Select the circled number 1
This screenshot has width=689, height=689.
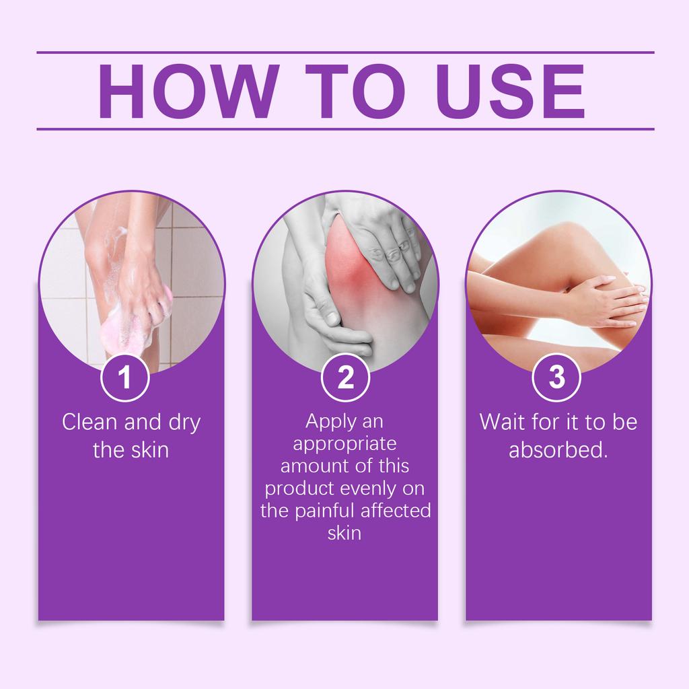click(124, 378)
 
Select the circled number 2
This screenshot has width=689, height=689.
click(345, 378)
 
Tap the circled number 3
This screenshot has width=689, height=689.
click(556, 378)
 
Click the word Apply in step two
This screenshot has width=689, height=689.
click(326, 421)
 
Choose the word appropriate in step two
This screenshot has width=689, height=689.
click(345, 444)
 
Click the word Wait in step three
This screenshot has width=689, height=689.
click(500, 423)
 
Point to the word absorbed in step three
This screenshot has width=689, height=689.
click(558, 449)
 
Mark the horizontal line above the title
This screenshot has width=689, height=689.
click(345, 52)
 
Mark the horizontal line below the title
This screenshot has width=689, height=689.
click(345, 128)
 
